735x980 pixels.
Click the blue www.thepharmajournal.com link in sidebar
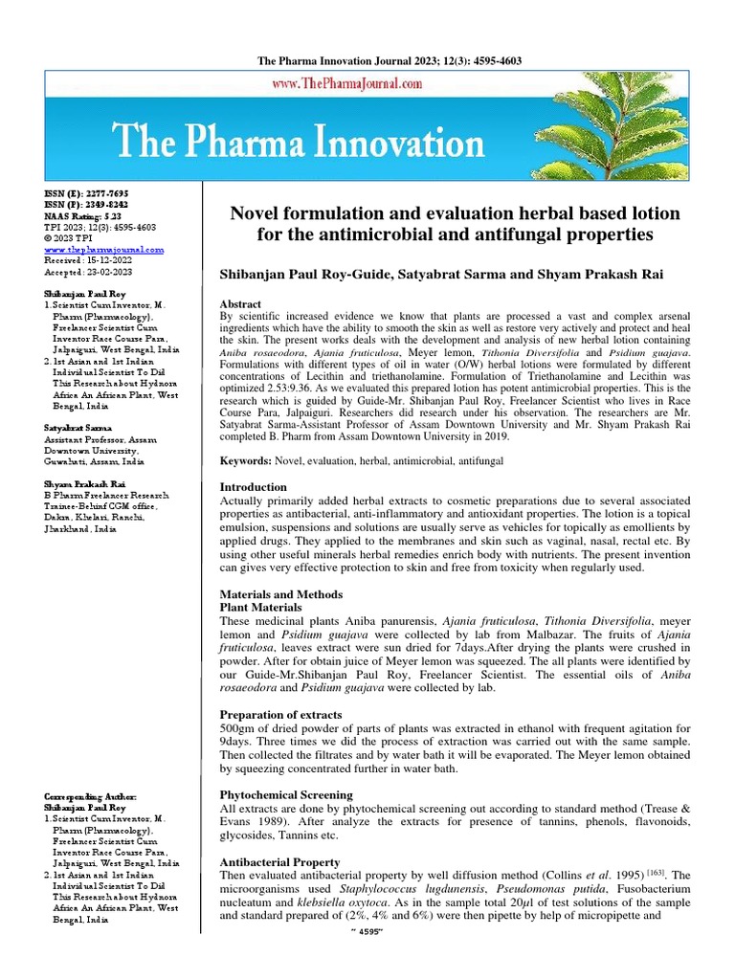(104, 249)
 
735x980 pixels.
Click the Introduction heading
(254, 487)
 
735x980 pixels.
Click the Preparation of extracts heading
(280, 714)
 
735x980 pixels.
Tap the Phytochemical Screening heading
(286, 794)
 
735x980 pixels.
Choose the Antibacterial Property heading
(281, 861)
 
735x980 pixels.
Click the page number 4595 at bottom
(368, 959)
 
